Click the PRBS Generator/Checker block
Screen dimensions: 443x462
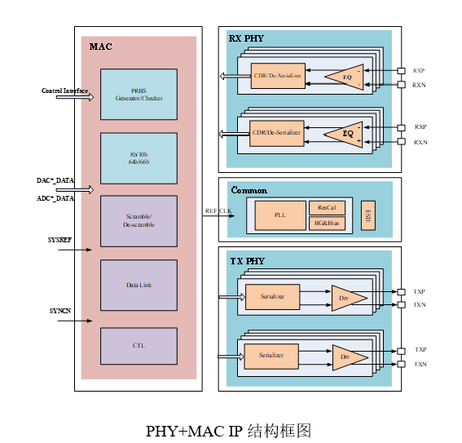[139, 95]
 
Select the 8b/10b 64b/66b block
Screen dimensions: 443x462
[139, 158]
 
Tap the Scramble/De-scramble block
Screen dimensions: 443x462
[139, 220]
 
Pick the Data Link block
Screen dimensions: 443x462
[139, 285]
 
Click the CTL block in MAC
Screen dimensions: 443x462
[139, 346]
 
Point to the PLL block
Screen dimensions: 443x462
[280, 215]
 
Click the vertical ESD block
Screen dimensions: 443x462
[367, 215]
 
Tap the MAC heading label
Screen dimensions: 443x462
[100, 47]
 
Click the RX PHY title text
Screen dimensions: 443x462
[246, 38]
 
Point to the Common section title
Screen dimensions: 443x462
[249, 190]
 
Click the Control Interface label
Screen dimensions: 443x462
[65, 91]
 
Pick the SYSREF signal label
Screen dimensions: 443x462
[61, 240]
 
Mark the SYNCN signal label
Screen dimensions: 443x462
[60, 311]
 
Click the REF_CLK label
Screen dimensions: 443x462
[218, 210]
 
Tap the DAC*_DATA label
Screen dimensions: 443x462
[55, 180]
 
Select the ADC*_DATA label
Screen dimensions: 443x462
[55, 197]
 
